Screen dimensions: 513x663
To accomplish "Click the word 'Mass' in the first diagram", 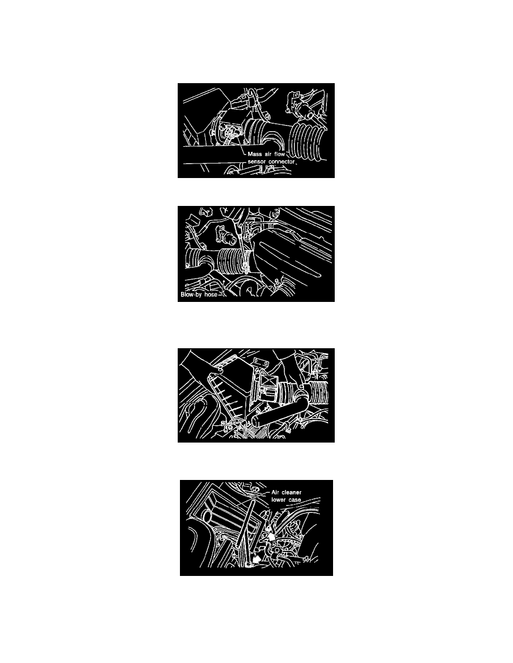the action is pos(255,155).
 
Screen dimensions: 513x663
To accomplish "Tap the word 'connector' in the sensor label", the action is pos(282,162).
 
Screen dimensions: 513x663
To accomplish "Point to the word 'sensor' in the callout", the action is pos(257,162).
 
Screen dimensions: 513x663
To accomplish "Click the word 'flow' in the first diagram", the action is pos(280,155).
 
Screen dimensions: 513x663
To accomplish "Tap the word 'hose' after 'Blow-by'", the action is pos(211,295).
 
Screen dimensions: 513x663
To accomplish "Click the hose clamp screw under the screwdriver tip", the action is pos(245,267).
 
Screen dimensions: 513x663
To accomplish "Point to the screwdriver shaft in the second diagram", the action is pos(241,239).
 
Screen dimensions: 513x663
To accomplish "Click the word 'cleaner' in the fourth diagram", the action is pos(291,493).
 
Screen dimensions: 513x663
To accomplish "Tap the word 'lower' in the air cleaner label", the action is pos(278,500).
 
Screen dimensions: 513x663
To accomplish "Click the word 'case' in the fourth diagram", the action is pos(294,500).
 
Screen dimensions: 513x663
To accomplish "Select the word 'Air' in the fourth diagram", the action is pos(275,493).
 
